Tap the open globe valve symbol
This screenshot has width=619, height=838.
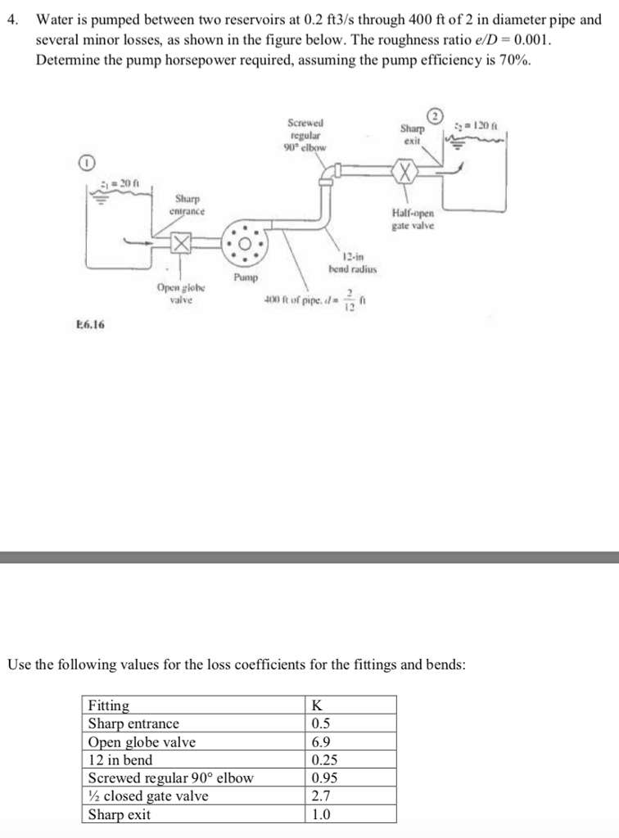point(180,243)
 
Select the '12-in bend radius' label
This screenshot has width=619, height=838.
point(351,264)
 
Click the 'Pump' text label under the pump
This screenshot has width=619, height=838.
point(245,278)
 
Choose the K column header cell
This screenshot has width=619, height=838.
point(318,705)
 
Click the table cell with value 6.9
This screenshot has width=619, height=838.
point(321,741)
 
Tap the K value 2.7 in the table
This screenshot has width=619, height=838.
point(321,795)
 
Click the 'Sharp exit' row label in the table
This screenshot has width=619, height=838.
point(120,813)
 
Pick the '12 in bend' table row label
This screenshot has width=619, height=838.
point(120,759)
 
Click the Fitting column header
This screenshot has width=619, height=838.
point(109,705)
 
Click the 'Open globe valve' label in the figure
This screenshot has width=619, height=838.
point(181,294)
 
